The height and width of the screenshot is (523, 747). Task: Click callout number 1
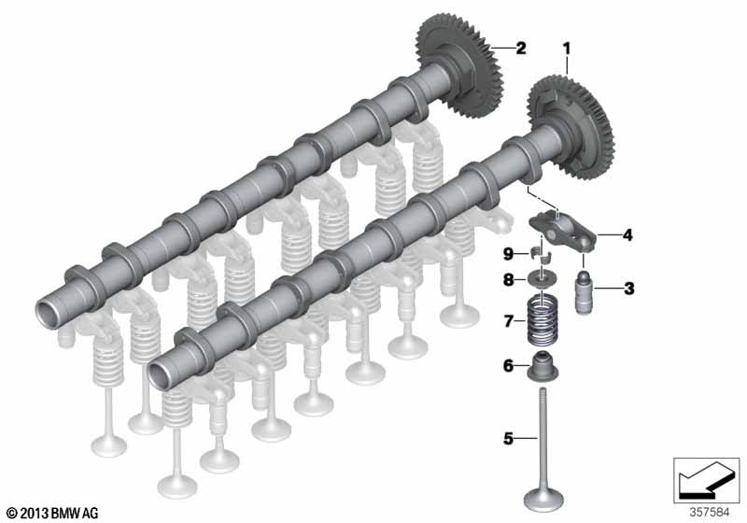click(567, 49)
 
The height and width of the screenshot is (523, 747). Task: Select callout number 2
click(521, 48)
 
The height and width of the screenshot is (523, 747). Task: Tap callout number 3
click(629, 289)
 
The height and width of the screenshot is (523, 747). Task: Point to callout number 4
click(627, 234)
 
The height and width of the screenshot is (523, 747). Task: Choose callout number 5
click(508, 438)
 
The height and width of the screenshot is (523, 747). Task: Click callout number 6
click(508, 366)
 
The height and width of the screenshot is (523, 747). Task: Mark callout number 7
click(508, 321)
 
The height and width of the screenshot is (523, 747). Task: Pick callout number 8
click(508, 279)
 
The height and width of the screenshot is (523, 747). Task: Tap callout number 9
click(508, 254)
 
